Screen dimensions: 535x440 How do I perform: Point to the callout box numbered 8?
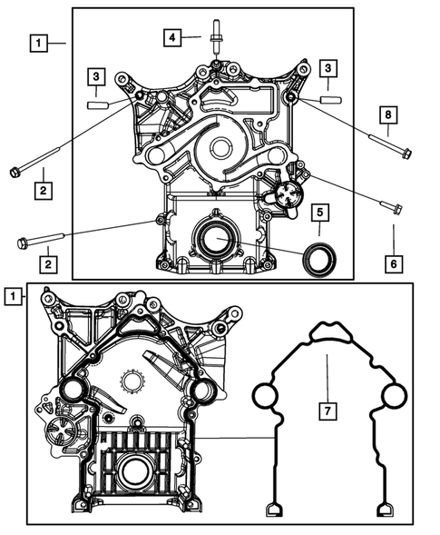point(387,115)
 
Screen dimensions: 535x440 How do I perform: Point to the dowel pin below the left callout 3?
point(97,104)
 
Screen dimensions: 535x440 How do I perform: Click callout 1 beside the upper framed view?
point(38,42)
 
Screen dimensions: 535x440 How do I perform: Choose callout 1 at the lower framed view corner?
point(12,296)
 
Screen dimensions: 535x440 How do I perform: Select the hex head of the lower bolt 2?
point(24,243)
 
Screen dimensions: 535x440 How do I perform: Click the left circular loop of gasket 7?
point(264,397)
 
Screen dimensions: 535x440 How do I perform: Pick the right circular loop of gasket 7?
point(392,397)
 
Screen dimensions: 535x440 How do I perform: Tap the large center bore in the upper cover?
point(220,150)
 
